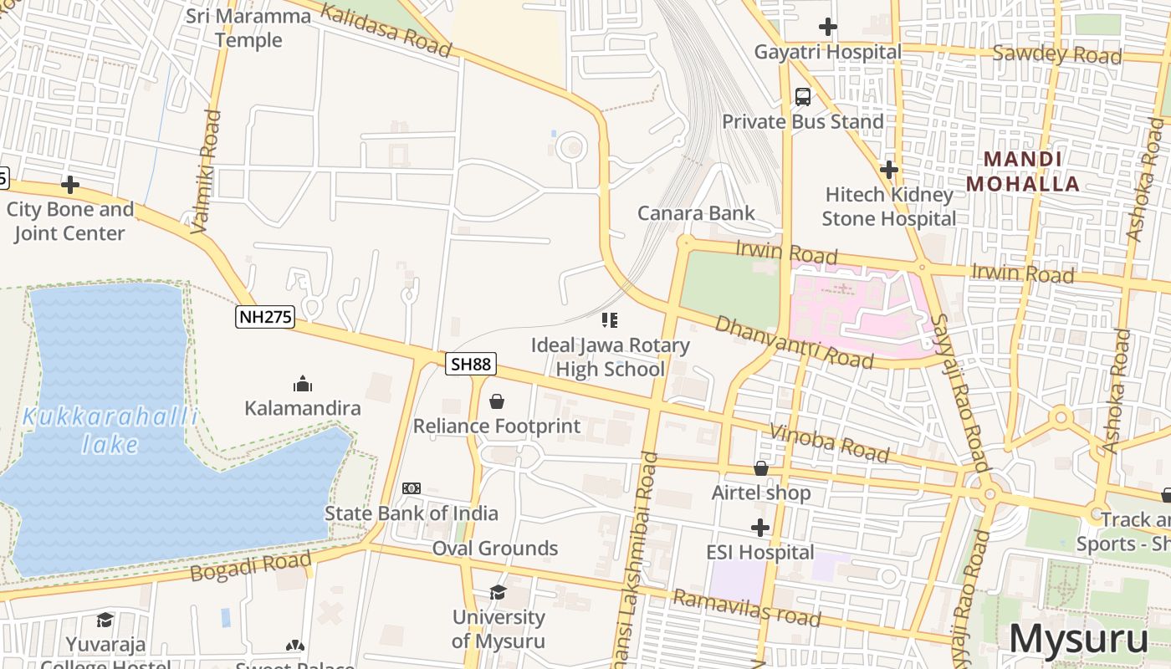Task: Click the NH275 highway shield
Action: (x=264, y=317)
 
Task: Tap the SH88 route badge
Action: (x=470, y=364)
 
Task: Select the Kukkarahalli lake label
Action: (x=110, y=430)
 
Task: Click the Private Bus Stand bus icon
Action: (x=803, y=97)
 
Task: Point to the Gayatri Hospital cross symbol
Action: (x=827, y=27)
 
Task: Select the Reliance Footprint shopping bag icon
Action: (x=497, y=401)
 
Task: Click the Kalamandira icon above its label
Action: (x=303, y=384)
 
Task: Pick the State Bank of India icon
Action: (x=412, y=488)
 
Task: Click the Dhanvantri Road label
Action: (x=793, y=342)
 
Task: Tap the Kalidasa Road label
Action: (x=386, y=31)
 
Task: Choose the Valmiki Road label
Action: (x=207, y=171)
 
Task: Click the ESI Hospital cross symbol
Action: (x=759, y=528)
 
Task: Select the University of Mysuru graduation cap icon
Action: (x=498, y=592)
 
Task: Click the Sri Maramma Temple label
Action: (x=248, y=28)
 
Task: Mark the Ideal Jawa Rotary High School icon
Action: (x=610, y=320)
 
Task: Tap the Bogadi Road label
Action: (x=250, y=566)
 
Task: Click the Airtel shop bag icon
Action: (x=761, y=468)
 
